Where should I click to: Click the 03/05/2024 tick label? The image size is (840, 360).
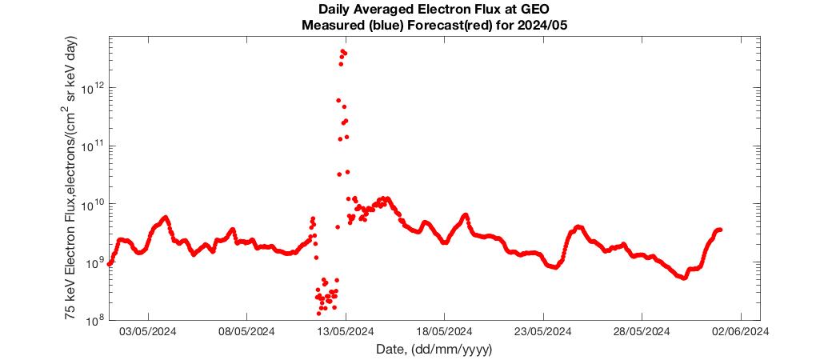tap(147, 332)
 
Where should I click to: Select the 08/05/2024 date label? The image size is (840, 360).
tap(246, 332)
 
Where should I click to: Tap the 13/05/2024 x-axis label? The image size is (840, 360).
tap(346, 332)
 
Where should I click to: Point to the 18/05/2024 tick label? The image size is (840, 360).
tap(445, 332)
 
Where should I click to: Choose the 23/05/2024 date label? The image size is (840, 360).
tap(543, 332)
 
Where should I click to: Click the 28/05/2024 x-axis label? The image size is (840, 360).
tap(642, 332)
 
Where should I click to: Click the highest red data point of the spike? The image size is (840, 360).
tap(342, 51)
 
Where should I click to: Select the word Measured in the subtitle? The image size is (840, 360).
tap(326, 25)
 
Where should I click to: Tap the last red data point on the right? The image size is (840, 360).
tap(721, 230)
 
